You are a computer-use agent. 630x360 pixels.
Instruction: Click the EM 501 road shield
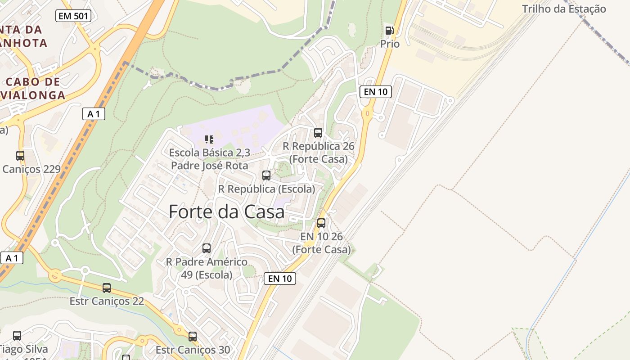coord(73,16)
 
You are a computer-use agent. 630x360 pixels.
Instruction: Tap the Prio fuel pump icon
coord(389,31)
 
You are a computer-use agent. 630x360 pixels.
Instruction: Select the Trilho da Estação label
coord(564,9)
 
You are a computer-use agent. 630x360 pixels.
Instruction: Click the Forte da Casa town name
coord(226,211)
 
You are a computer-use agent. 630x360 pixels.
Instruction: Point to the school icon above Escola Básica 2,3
coord(209,139)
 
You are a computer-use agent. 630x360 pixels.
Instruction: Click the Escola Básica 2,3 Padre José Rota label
coord(209,159)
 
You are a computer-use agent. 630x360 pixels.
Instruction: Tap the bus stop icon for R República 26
coord(318,133)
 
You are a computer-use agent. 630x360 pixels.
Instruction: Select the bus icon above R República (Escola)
coord(266,175)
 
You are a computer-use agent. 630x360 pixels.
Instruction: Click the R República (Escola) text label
coord(266,189)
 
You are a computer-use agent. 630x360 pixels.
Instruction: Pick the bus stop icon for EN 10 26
coord(321,223)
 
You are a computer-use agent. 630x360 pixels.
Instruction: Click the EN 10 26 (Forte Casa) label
coord(321,243)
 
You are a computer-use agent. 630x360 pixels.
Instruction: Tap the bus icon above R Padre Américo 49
coord(207,248)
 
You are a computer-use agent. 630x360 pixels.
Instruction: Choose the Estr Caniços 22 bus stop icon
coord(107,288)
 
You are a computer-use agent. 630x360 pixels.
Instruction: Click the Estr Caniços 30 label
coord(193,350)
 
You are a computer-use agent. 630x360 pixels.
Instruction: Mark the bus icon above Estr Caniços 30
coord(193,337)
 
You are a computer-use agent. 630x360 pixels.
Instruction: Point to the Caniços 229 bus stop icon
coord(20,156)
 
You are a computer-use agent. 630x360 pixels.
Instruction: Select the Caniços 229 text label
coord(31,169)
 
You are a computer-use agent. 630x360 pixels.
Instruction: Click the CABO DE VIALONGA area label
coord(34,89)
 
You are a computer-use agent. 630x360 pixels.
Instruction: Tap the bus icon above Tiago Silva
coord(17,336)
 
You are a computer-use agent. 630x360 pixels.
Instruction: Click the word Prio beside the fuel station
coord(390,44)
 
